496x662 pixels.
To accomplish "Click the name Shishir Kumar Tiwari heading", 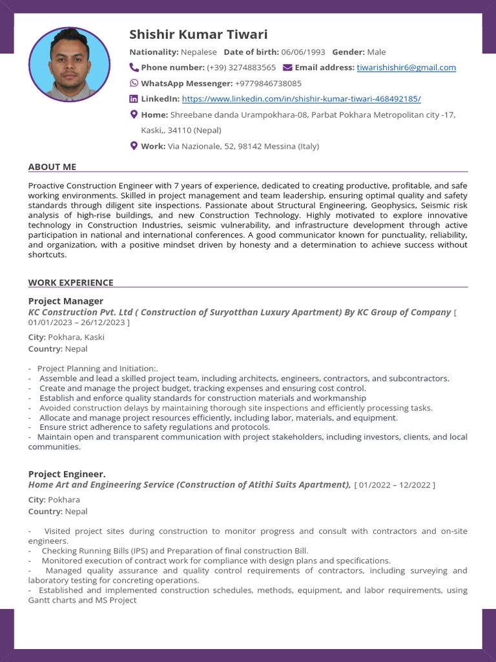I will pyautogui.click(x=198, y=34).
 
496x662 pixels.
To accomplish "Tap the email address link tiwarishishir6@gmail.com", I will pyautogui.click(x=406, y=67).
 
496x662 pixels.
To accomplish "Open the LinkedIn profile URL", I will pyautogui.click(x=301, y=99).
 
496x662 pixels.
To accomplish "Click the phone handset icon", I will pyautogui.click(x=134, y=67).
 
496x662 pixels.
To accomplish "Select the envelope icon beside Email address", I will pyautogui.click(x=287, y=67).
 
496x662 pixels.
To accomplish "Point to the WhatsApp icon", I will pyautogui.click(x=134, y=83).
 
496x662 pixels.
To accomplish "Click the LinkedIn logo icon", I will pyautogui.click(x=134, y=99).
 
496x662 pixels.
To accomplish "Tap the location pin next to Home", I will pyautogui.click(x=134, y=114).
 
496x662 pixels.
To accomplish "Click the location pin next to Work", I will pyautogui.click(x=134, y=146).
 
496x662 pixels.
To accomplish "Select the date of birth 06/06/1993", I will pyautogui.click(x=303, y=52).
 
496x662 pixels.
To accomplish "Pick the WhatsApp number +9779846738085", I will pyautogui.click(x=268, y=83).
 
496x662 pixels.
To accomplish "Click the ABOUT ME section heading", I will pyautogui.click(x=52, y=167).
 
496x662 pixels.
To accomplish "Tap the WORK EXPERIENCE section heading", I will pyautogui.click(x=70, y=283).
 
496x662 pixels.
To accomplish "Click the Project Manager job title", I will pyautogui.click(x=66, y=301).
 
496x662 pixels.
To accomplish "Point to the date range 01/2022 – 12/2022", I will pyautogui.click(x=395, y=485).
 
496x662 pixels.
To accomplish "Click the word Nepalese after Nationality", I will pyautogui.click(x=199, y=52).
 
